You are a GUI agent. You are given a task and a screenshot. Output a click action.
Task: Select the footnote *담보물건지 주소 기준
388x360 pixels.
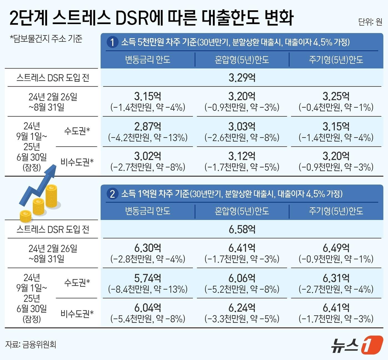46,38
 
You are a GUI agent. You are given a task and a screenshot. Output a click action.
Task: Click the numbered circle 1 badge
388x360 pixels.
112,42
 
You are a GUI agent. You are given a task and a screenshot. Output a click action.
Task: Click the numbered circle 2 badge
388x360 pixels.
112,194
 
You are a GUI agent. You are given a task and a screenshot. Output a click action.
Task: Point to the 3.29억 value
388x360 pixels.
242,78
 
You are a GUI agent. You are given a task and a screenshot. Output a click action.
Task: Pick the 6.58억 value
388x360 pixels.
242,229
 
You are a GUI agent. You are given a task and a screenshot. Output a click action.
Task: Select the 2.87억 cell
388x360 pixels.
147,127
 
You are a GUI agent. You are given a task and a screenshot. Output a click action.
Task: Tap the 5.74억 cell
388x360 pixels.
147,278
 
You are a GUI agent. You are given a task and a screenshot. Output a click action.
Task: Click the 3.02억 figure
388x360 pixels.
147,156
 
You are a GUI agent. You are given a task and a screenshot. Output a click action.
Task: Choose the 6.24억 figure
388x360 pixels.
242,308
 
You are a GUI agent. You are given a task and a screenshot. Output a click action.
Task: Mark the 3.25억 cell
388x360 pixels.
336,96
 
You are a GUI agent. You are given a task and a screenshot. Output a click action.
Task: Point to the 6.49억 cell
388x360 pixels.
336,248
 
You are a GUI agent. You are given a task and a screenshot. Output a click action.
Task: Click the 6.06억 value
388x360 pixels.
242,278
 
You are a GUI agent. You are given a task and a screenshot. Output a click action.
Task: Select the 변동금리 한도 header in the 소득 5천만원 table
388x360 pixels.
147,60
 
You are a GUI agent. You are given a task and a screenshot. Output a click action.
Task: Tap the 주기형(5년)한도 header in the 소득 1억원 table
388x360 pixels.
336,211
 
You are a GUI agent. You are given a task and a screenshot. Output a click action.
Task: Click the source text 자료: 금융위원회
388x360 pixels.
30,344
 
